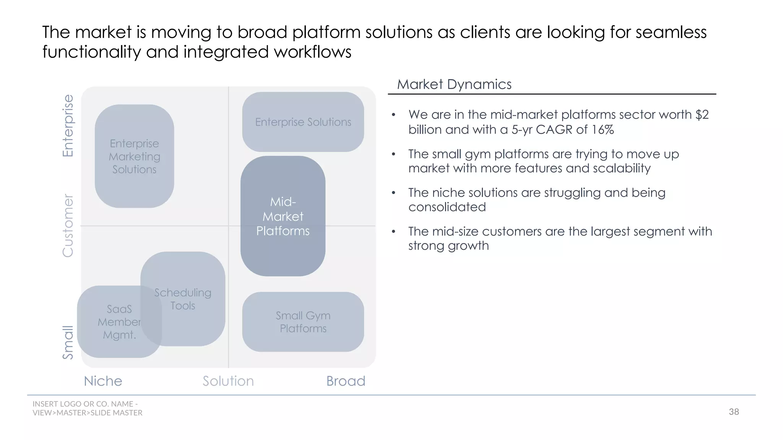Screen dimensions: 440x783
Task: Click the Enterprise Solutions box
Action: (x=303, y=122)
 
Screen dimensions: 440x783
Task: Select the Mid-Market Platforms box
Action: (x=283, y=216)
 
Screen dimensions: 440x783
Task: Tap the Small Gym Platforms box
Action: (x=303, y=322)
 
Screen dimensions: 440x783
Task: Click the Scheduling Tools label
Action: (x=183, y=299)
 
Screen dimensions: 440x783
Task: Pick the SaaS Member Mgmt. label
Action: (x=119, y=322)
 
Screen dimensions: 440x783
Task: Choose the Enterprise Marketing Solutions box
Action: (x=134, y=156)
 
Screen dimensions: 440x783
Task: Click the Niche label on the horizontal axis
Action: (x=103, y=381)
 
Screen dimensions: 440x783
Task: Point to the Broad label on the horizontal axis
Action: (x=346, y=381)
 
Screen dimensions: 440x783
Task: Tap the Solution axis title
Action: (x=228, y=381)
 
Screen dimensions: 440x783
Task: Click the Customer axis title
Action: (x=68, y=225)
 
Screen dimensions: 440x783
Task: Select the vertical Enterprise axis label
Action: (x=68, y=126)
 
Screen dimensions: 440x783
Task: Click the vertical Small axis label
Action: (x=68, y=342)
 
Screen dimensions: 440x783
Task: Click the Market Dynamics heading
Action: (x=454, y=84)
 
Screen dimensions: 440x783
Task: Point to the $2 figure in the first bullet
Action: (x=702, y=115)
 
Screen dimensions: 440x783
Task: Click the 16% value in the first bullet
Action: (x=603, y=129)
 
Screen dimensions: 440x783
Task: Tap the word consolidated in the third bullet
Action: (x=447, y=207)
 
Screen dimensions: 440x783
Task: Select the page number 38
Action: (x=734, y=412)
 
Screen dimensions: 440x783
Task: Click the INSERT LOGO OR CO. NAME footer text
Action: (x=85, y=404)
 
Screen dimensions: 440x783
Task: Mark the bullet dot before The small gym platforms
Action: (x=393, y=154)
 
